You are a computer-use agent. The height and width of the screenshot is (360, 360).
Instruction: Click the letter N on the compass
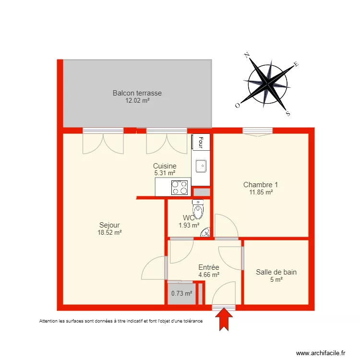(247, 55)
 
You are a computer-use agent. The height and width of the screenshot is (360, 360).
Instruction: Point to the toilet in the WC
(197, 209)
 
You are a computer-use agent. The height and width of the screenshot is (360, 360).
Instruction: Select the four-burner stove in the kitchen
(180, 187)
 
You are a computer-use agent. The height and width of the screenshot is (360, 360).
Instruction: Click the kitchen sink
(201, 166)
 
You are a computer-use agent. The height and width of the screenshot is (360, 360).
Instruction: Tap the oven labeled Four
(201, 142)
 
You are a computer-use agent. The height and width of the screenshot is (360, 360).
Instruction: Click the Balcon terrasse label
(137, 93)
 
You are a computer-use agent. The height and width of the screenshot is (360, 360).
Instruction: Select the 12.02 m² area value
(137, 101)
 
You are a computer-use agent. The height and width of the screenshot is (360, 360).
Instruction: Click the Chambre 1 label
(260, 185)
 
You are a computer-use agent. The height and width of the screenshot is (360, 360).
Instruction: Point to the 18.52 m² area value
(109, 232)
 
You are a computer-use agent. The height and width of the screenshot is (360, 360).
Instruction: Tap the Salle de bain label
(276, 272)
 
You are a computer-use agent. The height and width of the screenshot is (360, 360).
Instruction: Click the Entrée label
(209, 267)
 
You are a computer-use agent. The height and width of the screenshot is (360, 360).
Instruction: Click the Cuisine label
(165, 166)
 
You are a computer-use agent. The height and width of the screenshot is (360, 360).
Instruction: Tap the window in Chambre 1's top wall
(257, 131)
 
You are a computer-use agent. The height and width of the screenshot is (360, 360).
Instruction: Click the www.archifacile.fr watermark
(321, 353)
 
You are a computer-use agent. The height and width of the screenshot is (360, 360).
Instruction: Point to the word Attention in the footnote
(48, 321)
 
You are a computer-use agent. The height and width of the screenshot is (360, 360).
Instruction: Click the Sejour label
(109, 225)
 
